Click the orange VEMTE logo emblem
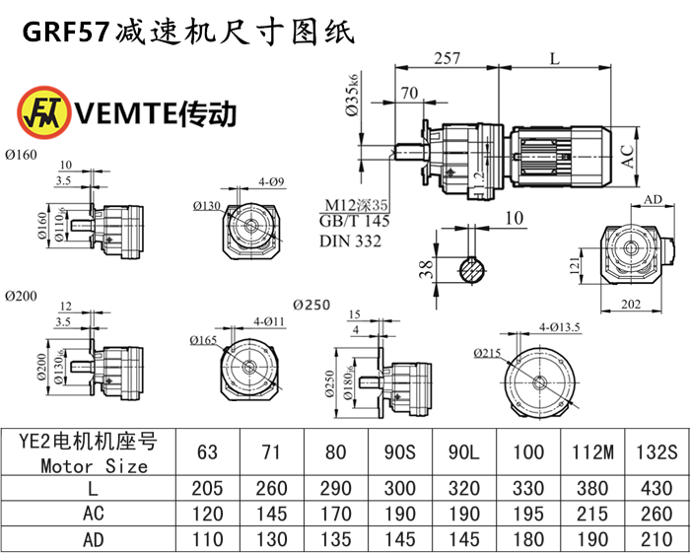coord(42,112)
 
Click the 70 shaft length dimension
coord(408,95)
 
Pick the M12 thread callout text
coord(357,206)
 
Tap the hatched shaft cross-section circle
coord(473,269)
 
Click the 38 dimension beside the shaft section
coord(425,269)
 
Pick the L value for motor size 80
coord(336,488)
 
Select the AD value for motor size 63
coord(208,539)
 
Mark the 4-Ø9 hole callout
coord(272,182)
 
